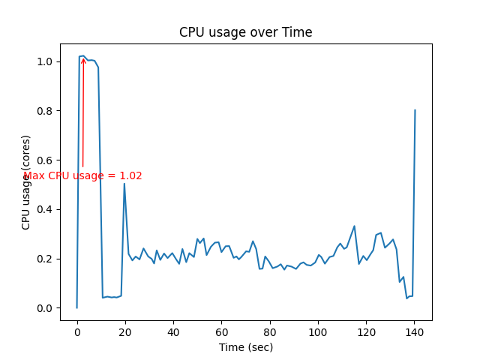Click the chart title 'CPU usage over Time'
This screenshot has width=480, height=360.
(245, 32)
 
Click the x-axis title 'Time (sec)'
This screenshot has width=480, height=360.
(245, 347)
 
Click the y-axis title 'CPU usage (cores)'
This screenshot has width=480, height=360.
(26, 182)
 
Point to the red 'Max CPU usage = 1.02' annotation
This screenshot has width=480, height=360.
(82, 176)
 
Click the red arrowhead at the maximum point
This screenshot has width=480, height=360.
(83, 59)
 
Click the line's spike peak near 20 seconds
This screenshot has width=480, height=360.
(124, 184)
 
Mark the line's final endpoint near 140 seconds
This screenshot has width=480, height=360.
(415, 110)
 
